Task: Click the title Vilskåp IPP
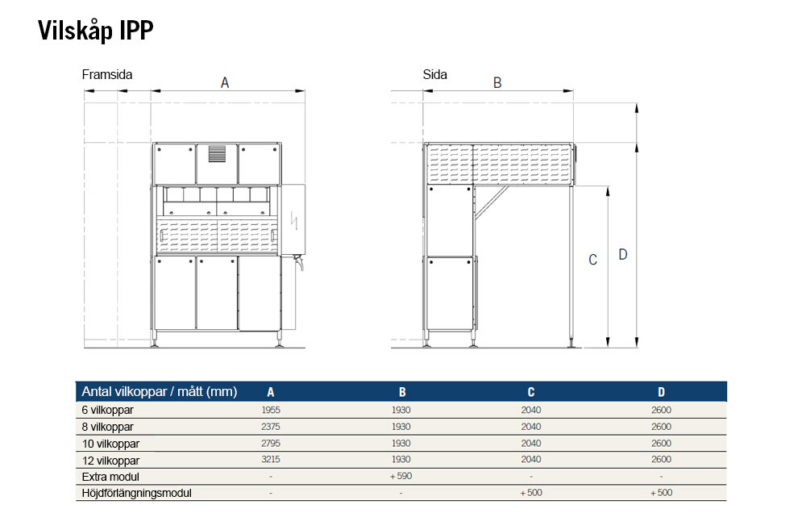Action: (x=96, y=31)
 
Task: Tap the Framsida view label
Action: (x=107, y=74)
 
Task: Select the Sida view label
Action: (x=435, y=74)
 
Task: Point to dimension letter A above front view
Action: (x=225, y=82)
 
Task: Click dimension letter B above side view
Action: (x=497, y=82)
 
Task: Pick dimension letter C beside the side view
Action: (x=592, y=260)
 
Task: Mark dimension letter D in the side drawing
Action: (x=622, y=254)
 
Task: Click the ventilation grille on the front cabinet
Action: (x=217, y=153)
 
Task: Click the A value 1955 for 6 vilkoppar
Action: (x=271, y=410)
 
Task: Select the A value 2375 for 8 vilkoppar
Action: (x=271, y=427)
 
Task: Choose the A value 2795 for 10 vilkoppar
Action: (x=271, y=443)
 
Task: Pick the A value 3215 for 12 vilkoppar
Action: (x=271, y=460)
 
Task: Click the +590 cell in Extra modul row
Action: (x=401, y=476)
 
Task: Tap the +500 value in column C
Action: (x=531, y=492)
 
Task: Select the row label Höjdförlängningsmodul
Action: (x=137, y=493)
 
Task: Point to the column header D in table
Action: (x=661, y=392)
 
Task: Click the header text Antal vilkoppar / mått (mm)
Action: (x=160, y=391)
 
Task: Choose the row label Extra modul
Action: (x=110, y=477)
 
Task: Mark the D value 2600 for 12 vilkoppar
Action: (x=661, y=460)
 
